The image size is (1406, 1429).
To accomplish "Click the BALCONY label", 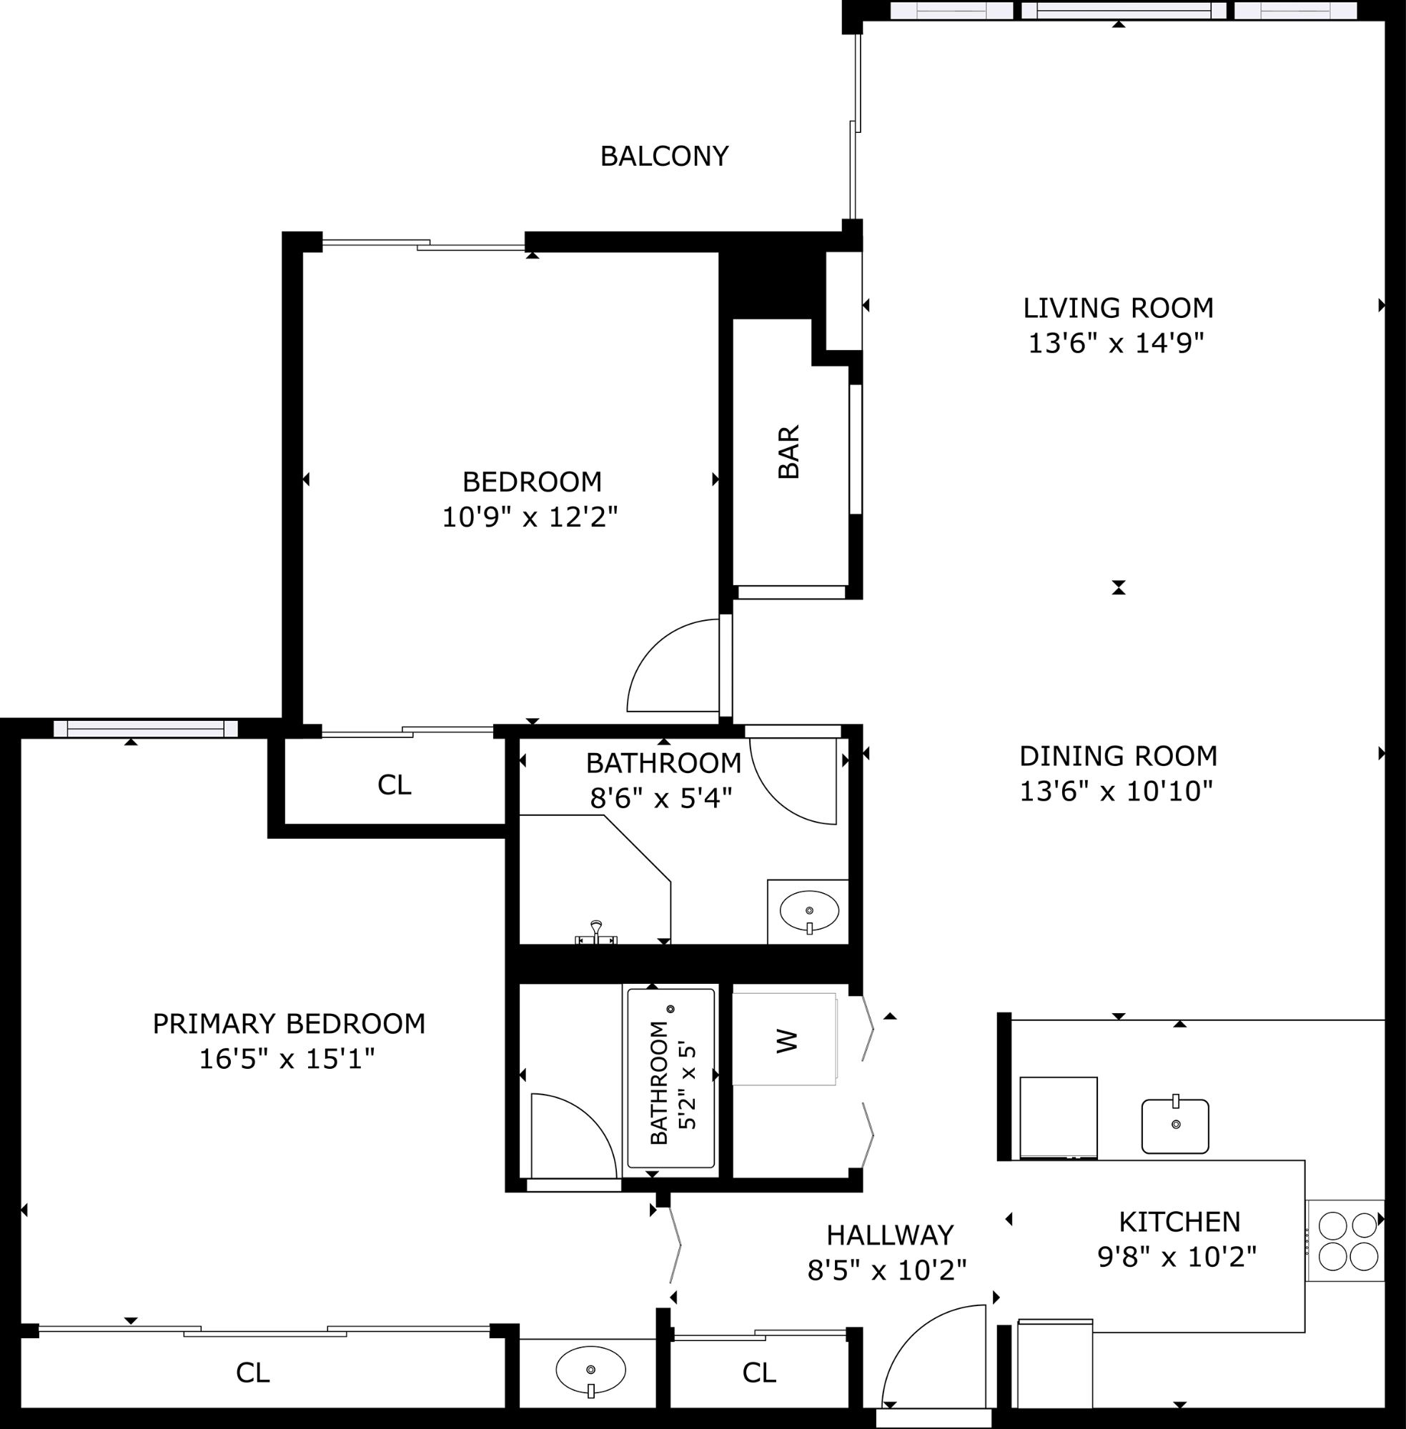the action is tap(664, 156).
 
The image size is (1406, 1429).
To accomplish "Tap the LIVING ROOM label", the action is tap(1118, 308).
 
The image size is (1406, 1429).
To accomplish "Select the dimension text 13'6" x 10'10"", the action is tap(1117, 791).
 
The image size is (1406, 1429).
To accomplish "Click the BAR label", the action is tap(788, 452).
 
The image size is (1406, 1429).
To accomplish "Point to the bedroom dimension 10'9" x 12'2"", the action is tap(530, 517).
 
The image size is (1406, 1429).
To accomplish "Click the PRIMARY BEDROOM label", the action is tap(289, 1024).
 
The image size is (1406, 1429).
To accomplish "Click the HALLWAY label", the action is tap(890, 1235).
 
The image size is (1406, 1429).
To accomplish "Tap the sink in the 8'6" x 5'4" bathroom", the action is tap(809, 912).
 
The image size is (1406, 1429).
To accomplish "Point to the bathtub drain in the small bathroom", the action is tap(670, 1009).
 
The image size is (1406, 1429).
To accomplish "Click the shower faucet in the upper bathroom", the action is tap(596, 933).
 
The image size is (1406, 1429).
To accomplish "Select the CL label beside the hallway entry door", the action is tap(759, 1373).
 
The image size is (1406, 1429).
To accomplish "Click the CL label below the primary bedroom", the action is tap(252, 1373).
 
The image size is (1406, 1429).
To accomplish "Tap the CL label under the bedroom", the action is tap(395, 785).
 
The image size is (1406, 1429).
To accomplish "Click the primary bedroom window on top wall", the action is tap(146, 729).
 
